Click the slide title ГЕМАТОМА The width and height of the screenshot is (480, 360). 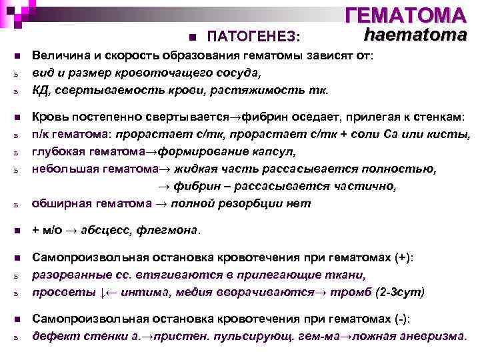(x=406, y=15)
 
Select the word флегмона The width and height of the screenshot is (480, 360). (x=167, y=231)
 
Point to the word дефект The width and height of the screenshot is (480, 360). (x=53, y=335)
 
